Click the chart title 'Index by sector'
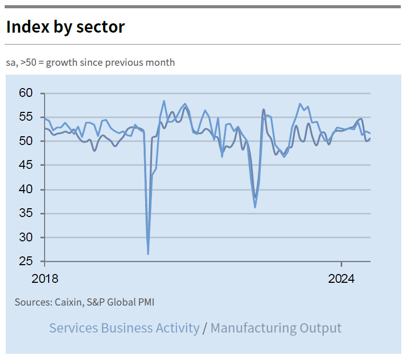point(65,27)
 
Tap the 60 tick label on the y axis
point(26,93)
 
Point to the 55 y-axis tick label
point(26,117)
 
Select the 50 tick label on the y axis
point(26,141)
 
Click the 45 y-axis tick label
point(26,165)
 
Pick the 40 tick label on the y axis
point(26,190)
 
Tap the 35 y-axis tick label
point(26,213)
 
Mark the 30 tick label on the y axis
point(26,238)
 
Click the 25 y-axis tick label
point(26,262)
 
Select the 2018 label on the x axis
point(45,279)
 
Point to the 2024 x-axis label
point(341,279)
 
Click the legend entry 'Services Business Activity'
point(124,328)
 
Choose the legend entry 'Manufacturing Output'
point(276,328)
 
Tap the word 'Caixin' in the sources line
point(68,302)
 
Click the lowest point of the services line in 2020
point(148,254)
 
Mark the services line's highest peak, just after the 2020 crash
point(164,101)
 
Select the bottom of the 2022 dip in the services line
point(255,207)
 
